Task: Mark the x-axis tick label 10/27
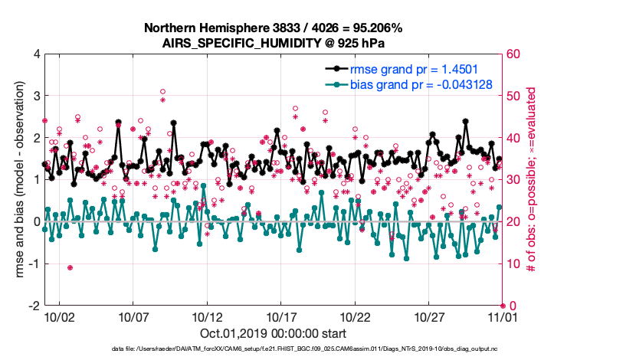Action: click(429, 316)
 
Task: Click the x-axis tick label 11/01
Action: click(503, 316)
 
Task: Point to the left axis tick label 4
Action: click(35, 54)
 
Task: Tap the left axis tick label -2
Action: click(33, 306)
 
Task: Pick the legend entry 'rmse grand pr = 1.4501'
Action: click(414, 69)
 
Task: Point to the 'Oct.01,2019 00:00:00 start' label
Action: click(273, 334)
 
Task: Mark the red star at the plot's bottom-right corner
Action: click(503, 306)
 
